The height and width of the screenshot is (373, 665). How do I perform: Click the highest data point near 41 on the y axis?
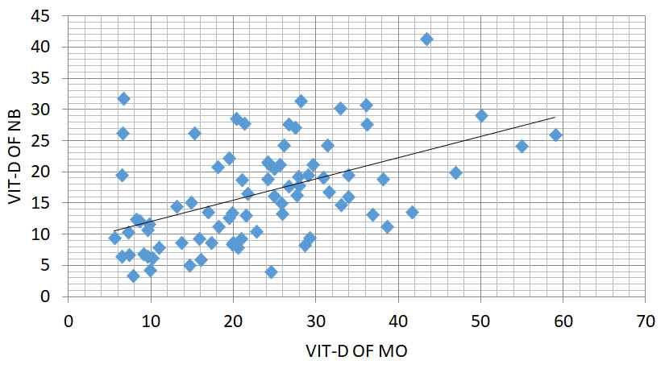point(426,39)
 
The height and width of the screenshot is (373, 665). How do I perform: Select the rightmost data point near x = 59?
point(555,135)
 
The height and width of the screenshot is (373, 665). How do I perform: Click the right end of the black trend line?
point(555,118)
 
